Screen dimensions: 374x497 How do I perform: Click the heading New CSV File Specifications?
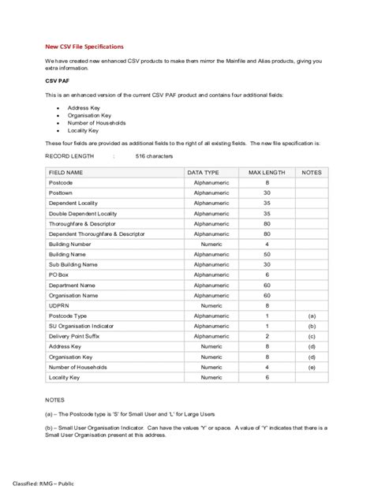(x=84, y=47)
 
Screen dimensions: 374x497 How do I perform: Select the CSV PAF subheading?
(x=57, y=80)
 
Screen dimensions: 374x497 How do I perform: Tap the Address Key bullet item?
(x=83, y=107)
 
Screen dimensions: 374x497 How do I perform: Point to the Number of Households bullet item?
(x=96, y=122)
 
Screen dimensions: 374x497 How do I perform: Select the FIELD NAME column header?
(x=65, y=172)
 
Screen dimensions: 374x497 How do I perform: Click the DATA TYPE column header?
(x=203, y=172)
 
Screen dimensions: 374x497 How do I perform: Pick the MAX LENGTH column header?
(x=267, y=172)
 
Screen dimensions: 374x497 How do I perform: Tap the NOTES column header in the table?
(x=312, y=172)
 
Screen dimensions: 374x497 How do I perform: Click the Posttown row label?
(x=61, y=192)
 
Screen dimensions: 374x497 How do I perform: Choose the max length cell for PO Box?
(x=267, y=275)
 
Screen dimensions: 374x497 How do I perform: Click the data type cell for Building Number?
(x=211, y=244)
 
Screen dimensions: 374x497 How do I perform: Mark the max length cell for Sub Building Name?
(x=267, y=264)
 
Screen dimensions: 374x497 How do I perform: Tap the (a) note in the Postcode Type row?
(x=312, y=316)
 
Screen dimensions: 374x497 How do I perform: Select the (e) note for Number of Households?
(x=312, y=367)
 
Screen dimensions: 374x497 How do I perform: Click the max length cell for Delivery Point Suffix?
(x=267, y=336)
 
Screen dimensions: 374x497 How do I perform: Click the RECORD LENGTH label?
(x=69, y=156)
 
